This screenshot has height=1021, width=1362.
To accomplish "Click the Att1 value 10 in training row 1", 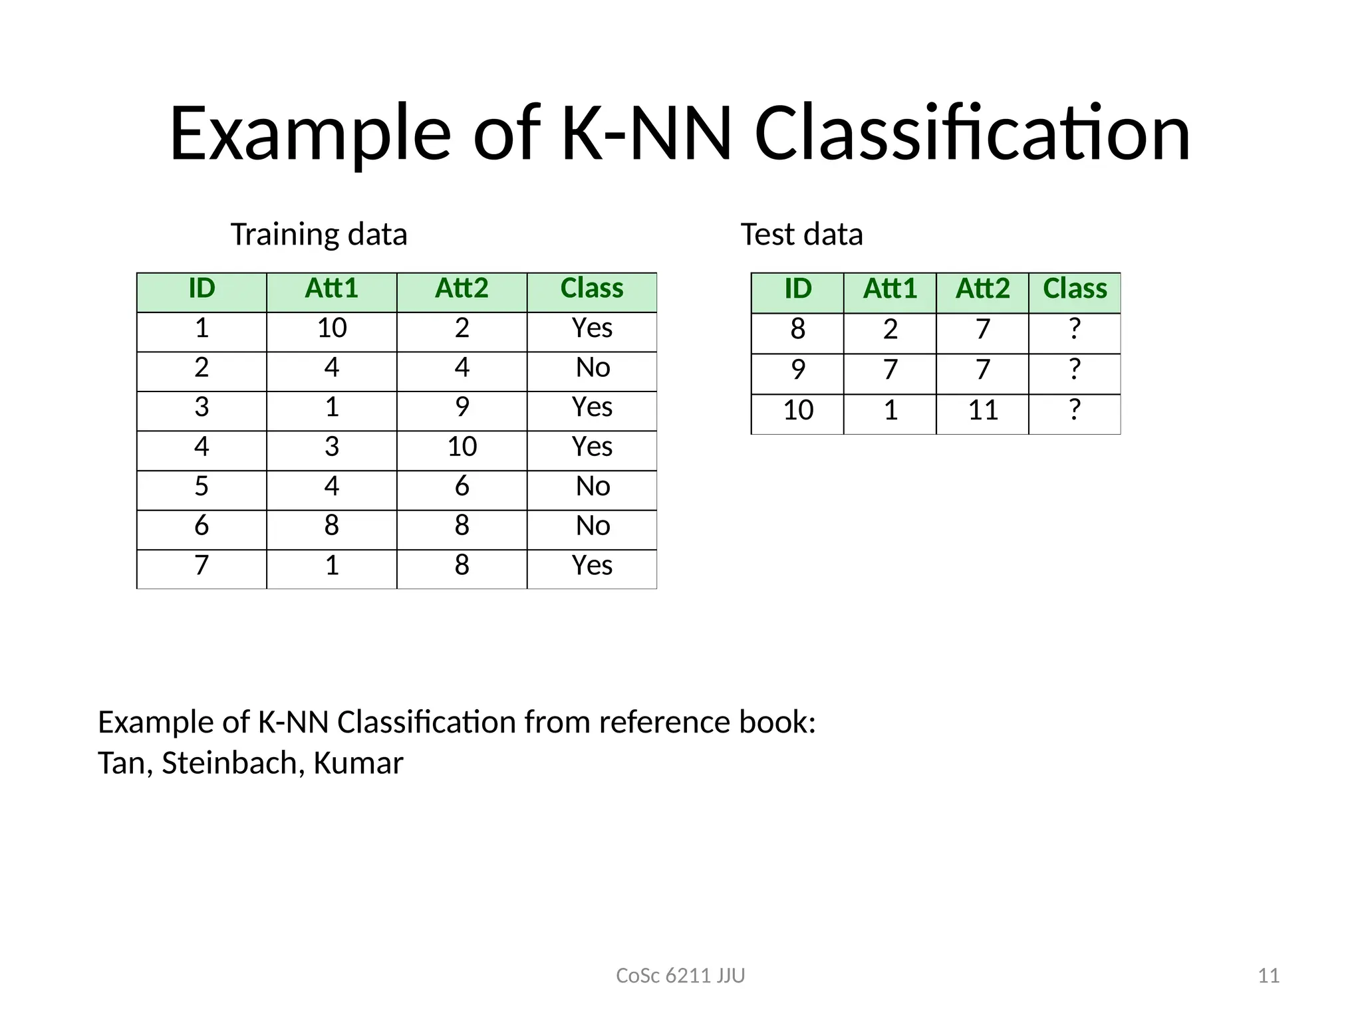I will tap(332, 328).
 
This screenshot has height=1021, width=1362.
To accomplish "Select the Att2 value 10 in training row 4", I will tap(462, 447).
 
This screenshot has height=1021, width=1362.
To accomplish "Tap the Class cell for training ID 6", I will tap(593, 526).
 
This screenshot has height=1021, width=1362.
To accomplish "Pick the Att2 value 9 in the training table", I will tap(462, 407).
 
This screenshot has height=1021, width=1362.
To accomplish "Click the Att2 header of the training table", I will tap(462, 288).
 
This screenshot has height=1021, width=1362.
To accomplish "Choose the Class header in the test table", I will tap(1075, 289).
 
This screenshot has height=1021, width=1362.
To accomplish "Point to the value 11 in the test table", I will tap(982, 410).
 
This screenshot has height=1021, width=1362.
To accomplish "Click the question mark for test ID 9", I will tap(1075, 370).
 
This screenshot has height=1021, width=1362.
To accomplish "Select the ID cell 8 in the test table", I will tap(797, 329).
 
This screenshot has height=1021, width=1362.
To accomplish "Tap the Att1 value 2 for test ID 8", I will tap(890, 329).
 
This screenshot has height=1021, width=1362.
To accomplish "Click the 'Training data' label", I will tap(319, 235).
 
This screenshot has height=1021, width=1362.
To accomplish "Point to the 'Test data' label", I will tap(801, 235).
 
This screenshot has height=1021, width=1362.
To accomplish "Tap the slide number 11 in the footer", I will tap(1269, 976).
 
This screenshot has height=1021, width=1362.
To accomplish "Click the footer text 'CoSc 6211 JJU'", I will tap(680, 976).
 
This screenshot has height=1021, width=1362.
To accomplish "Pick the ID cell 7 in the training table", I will tap(202, 566).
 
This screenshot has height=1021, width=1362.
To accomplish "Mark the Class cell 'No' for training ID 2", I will tap(593, 368).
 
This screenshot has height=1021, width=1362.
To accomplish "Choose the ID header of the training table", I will tap(202, 288).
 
